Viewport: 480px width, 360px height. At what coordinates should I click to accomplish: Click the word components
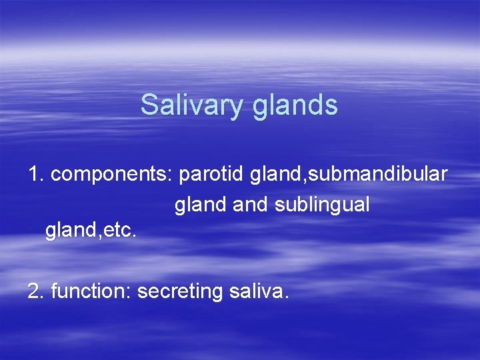[110, 175]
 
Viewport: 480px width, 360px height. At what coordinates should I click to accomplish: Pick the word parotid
[213, 175]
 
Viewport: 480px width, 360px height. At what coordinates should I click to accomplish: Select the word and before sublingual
[251, 205]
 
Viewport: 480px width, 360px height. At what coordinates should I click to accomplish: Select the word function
[90, 291]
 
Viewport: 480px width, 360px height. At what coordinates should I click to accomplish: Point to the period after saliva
[286, 297]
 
